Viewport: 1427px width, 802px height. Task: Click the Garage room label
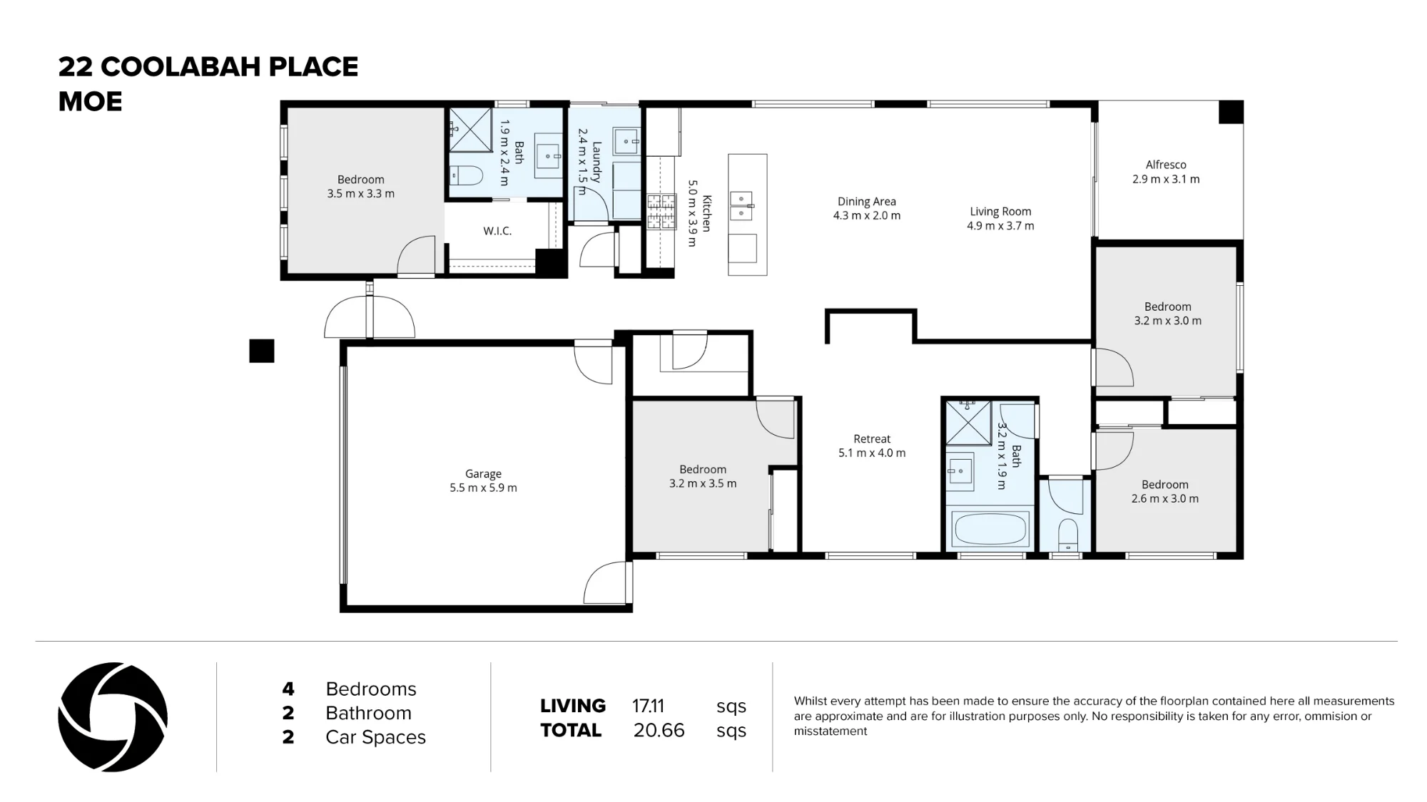pyautogui.click(x=483, y=473)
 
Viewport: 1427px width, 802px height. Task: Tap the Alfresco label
pyautogui.click(x=1166, y=165)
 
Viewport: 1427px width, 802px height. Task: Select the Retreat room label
pyautogui.click(x=872, y=439)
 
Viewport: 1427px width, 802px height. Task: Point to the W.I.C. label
pyautogui.click(x=497, y=231)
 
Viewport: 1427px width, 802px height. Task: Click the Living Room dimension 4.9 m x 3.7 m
pyautogui.click(x=1000, y=226)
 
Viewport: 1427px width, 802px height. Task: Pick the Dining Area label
pyautogui.click(x=866, y=202)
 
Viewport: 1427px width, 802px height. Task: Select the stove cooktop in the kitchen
pyautogui.click(x=661, y=212)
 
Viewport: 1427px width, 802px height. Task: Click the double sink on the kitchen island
pyautogui.click(x=741, y=205)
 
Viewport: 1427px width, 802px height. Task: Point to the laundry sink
pyautogui.click(x=626, y=141)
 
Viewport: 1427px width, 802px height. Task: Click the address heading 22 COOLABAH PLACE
pyautogui.click(x=208, y=67)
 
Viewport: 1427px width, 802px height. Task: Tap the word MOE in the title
pyautogui.click(x=90, y=102)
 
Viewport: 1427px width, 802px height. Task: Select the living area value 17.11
pyautogui.click(x=648, y=706)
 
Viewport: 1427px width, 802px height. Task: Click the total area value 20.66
pyautogui.click(x=659, y=730)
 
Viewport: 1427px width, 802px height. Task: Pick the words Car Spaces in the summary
pyautogui.click(x=375, y=737)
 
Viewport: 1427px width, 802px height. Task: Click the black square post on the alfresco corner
pyautogui.click(x=1231, y=112)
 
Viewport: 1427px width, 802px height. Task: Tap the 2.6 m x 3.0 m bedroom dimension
pyautogui.click(x=1165, y=499)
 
